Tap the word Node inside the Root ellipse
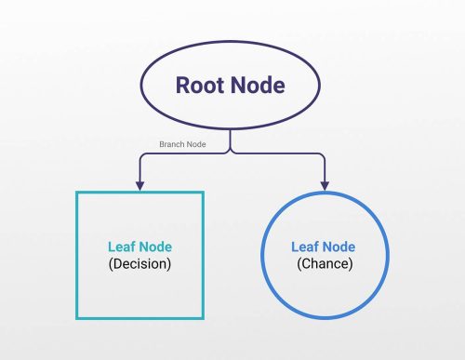pyautogui.click(x=259, y=86)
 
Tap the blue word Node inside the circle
pyautogui.click(x=338, y=247)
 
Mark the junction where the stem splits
pyautogui.click(x=232, y=153)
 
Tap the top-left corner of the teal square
pyautogui.click(x=76, y=192)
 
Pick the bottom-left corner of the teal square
pyautogui.click(x=76, y=316)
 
